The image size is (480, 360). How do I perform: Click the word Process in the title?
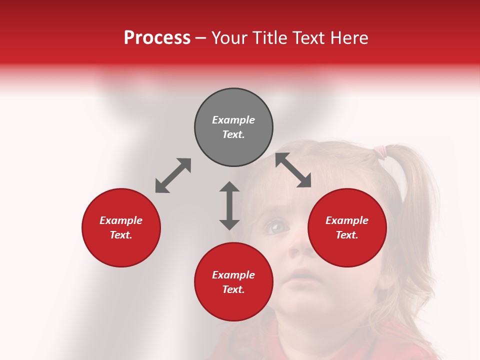(x=157, y=38)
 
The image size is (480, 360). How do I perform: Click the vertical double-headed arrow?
(x=229, y=205)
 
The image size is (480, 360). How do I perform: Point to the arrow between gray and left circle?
(x=173, y=175)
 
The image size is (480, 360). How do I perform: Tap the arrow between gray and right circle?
(x=293, y=170)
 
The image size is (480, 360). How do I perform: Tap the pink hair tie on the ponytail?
(x=381, y=149)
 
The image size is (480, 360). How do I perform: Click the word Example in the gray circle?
(x=233, y=120)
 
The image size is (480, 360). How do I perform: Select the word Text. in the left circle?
(x=121, y=235)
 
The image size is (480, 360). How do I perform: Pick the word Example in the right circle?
(x=347, y=220)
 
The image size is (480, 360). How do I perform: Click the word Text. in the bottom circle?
(x=233, y=289)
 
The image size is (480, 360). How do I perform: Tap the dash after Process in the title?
(x=201, y=38)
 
